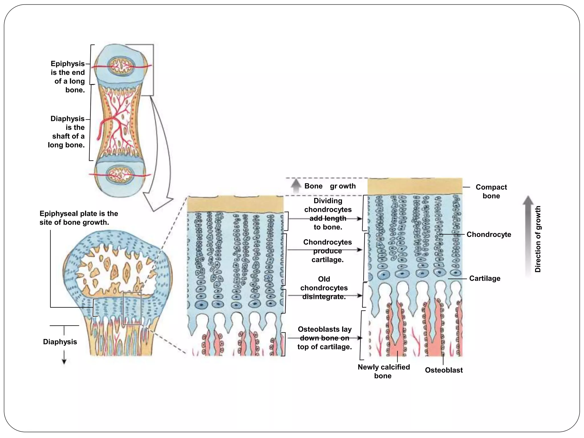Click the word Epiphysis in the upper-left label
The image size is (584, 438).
click(68, 64)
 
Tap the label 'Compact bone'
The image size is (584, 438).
click(491, 191)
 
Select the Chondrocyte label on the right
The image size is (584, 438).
click(488, 234)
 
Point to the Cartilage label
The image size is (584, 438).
click(484, 278)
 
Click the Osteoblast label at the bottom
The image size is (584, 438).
click(444, 370)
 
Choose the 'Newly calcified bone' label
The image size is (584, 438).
click(384, 371)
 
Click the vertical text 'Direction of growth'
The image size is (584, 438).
click(538, 239)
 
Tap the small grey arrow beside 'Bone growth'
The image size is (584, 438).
click(296, 186)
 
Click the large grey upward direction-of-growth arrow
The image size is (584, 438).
click(528, 234)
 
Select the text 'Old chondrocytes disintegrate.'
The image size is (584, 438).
click(324, 288)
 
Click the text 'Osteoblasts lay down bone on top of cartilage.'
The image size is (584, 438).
click(325, 338)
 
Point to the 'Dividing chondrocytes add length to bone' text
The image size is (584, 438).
click(328, 214)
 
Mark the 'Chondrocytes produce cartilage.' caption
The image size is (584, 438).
click(327, 251)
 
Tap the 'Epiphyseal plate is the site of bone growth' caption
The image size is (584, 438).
click(78, 218)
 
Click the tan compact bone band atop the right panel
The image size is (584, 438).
click(415, 186)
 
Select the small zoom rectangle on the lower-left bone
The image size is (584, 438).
click(132, 308)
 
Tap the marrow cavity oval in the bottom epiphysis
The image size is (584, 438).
click(120, 174)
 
